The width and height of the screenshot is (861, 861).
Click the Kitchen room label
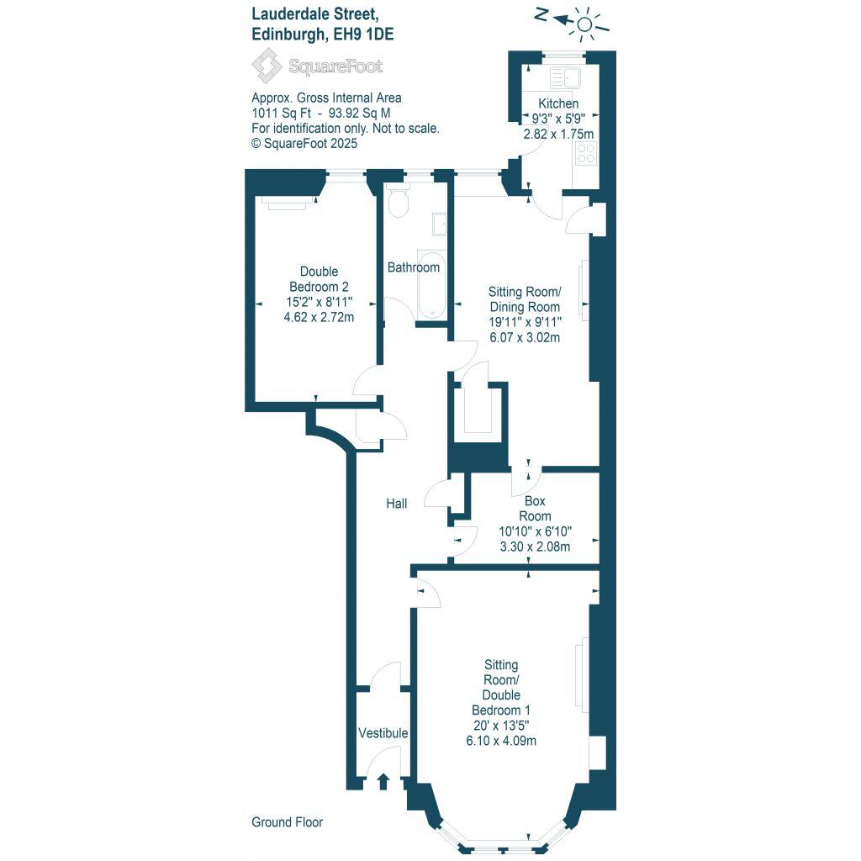coord(558,103)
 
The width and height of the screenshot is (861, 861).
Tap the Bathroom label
coord(413,267)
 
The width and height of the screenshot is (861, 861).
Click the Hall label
coord(396,504)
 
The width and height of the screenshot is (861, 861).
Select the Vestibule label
coord(383,733)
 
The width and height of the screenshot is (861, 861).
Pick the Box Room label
coord(535,509)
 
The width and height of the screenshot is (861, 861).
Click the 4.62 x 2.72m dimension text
coord(319,317)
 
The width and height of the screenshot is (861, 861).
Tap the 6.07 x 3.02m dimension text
coord(525,337)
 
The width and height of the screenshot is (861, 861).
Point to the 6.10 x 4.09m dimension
coord(501,741)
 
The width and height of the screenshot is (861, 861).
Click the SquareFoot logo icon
coord(267,66)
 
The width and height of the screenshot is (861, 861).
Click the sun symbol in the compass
coord(585,23)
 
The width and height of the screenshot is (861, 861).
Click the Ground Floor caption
coord(287,822)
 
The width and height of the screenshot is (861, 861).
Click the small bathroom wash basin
coord(439,224)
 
